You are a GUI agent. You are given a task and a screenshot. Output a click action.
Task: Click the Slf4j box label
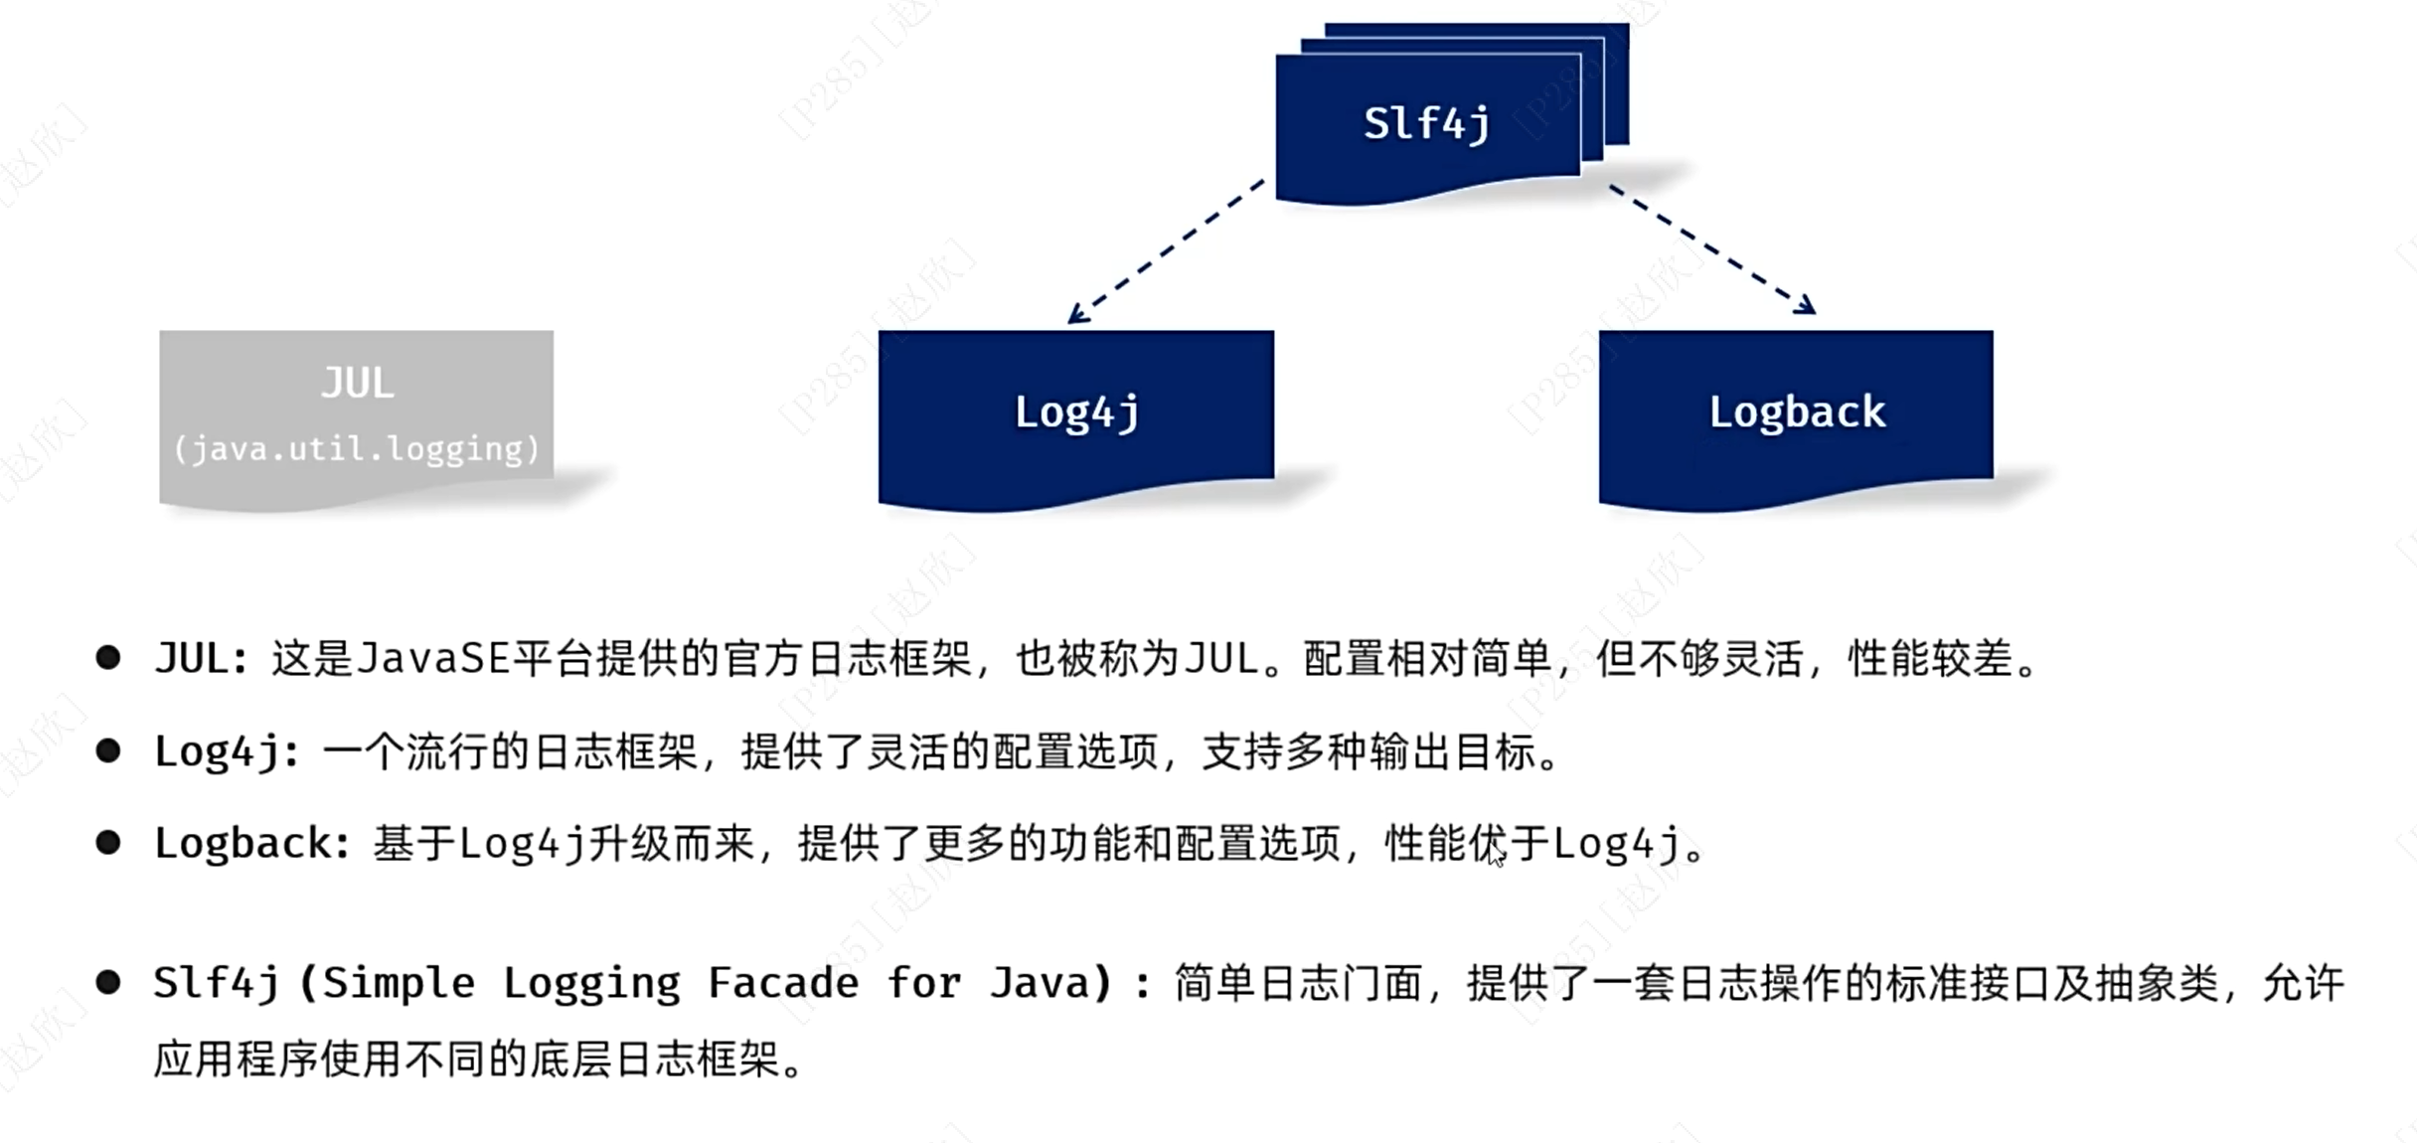click(x=1426, y=124)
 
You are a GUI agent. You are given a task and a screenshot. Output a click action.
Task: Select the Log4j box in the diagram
click(x=1075, y=412)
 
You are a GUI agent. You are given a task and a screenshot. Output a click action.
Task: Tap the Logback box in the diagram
click(x=1796, y=412)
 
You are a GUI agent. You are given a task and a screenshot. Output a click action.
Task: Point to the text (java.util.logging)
click(x=356, y=449)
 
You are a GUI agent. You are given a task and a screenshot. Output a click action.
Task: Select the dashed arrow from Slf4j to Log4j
click(x=1165, y=251)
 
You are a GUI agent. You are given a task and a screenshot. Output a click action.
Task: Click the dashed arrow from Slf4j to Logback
click(x=1711, y=249)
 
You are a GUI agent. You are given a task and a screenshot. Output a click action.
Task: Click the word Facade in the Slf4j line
click(x=782, y=984)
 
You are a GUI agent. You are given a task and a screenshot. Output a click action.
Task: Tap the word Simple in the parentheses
click(x=399, y=984)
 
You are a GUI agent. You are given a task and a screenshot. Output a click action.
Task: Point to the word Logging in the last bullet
click(x=591, y=984)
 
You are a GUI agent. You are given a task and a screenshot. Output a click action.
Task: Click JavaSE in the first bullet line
click(x=432, y=658)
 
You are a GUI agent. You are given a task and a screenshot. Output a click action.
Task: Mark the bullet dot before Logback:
click(x=108, y=843)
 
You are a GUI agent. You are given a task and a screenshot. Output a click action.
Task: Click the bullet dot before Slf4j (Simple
click(x=108, y=983)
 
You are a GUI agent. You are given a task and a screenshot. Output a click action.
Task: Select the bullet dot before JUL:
click(x=108, y=657)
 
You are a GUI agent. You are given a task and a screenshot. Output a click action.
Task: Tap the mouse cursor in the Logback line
click(x=1496, y=855)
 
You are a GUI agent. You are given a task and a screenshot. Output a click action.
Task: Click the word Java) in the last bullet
click(x=1051, y=984)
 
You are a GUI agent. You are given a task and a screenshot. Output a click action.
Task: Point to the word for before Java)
click(x=923, y=984)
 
